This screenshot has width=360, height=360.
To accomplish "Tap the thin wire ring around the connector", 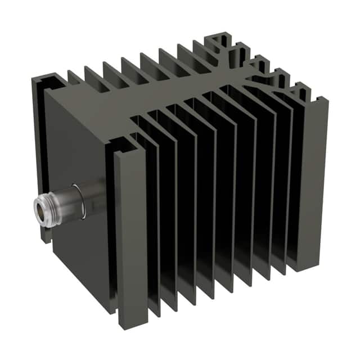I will pos(80,200).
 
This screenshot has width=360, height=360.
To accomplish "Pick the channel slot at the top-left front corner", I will pos(51,84).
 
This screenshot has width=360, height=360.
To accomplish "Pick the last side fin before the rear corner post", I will pos(295,180).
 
